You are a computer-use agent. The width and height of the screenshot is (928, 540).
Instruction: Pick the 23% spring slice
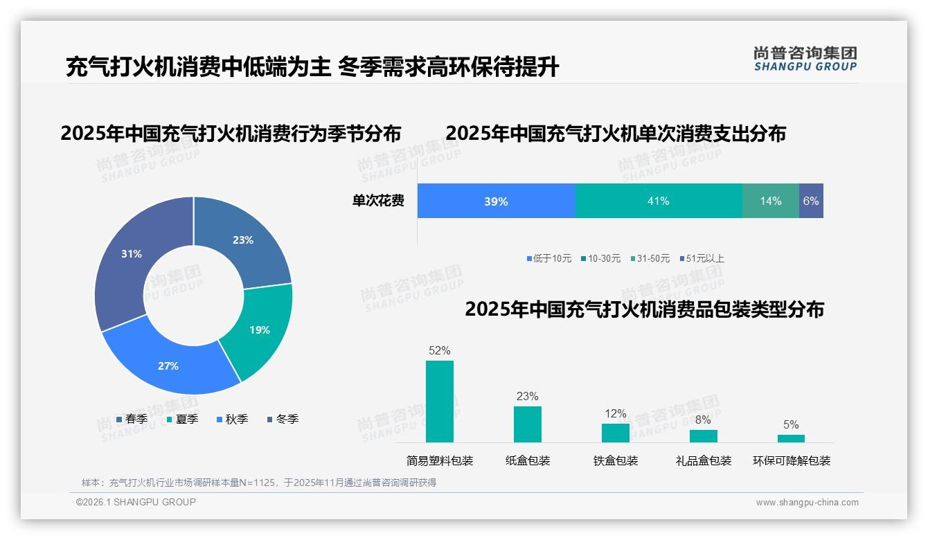click(x=242, y=240)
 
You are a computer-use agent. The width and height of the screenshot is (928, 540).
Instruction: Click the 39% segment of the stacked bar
click(x=496, y=201)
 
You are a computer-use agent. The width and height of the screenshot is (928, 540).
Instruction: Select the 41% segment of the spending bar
click(x=658, y=201)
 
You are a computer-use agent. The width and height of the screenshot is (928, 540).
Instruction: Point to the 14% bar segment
click(x=770, y=201)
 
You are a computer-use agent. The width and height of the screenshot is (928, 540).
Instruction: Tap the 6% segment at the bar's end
click(x=811, y=201)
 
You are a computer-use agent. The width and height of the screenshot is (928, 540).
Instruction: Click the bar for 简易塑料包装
click(x=439, y=402)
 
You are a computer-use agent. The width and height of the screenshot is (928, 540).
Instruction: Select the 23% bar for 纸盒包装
click(x=527, y=424)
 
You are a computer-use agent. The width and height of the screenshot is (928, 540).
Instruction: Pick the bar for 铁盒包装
click(x=615, y=433)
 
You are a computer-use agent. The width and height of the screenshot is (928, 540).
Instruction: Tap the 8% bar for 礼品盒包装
click(x=703, y=436)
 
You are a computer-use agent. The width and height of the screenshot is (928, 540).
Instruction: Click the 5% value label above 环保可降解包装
click(x=791, y=424)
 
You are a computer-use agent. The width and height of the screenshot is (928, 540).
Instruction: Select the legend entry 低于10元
click(x=548, y=259)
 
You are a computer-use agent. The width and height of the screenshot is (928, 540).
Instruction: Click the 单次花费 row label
click(x=378, y=201)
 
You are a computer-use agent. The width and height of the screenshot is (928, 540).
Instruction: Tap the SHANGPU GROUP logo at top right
click(x=805, y=58)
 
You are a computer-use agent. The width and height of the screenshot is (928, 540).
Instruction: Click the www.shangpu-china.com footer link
click(x=807, y=503)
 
